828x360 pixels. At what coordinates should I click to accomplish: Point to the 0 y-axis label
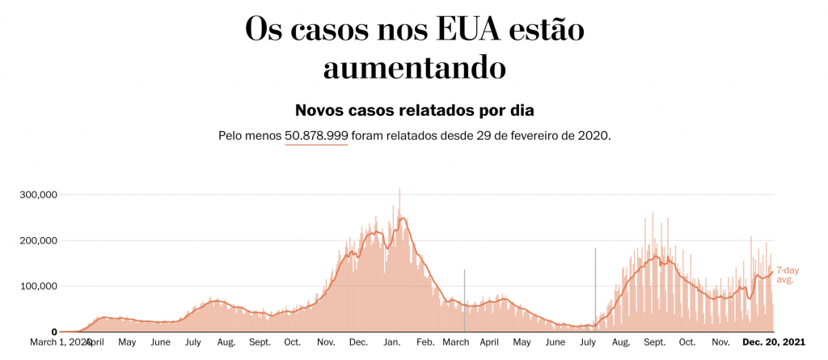coord(53,332)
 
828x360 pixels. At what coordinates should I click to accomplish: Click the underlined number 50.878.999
coord(316,135)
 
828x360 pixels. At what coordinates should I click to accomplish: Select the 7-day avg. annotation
coord(784,275)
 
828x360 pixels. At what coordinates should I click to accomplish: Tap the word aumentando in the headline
coord(414,67)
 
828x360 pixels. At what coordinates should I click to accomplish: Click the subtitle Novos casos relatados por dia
coord(414,109)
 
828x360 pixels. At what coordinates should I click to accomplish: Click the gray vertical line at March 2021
coord(464,299)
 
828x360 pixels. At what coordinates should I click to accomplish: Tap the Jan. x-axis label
coord(391,343)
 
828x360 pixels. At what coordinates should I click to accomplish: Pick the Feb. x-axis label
coord(425,343)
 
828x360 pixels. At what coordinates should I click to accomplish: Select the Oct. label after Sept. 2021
coord(687,343)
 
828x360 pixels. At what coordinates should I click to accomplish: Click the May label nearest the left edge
coord(127,343)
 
